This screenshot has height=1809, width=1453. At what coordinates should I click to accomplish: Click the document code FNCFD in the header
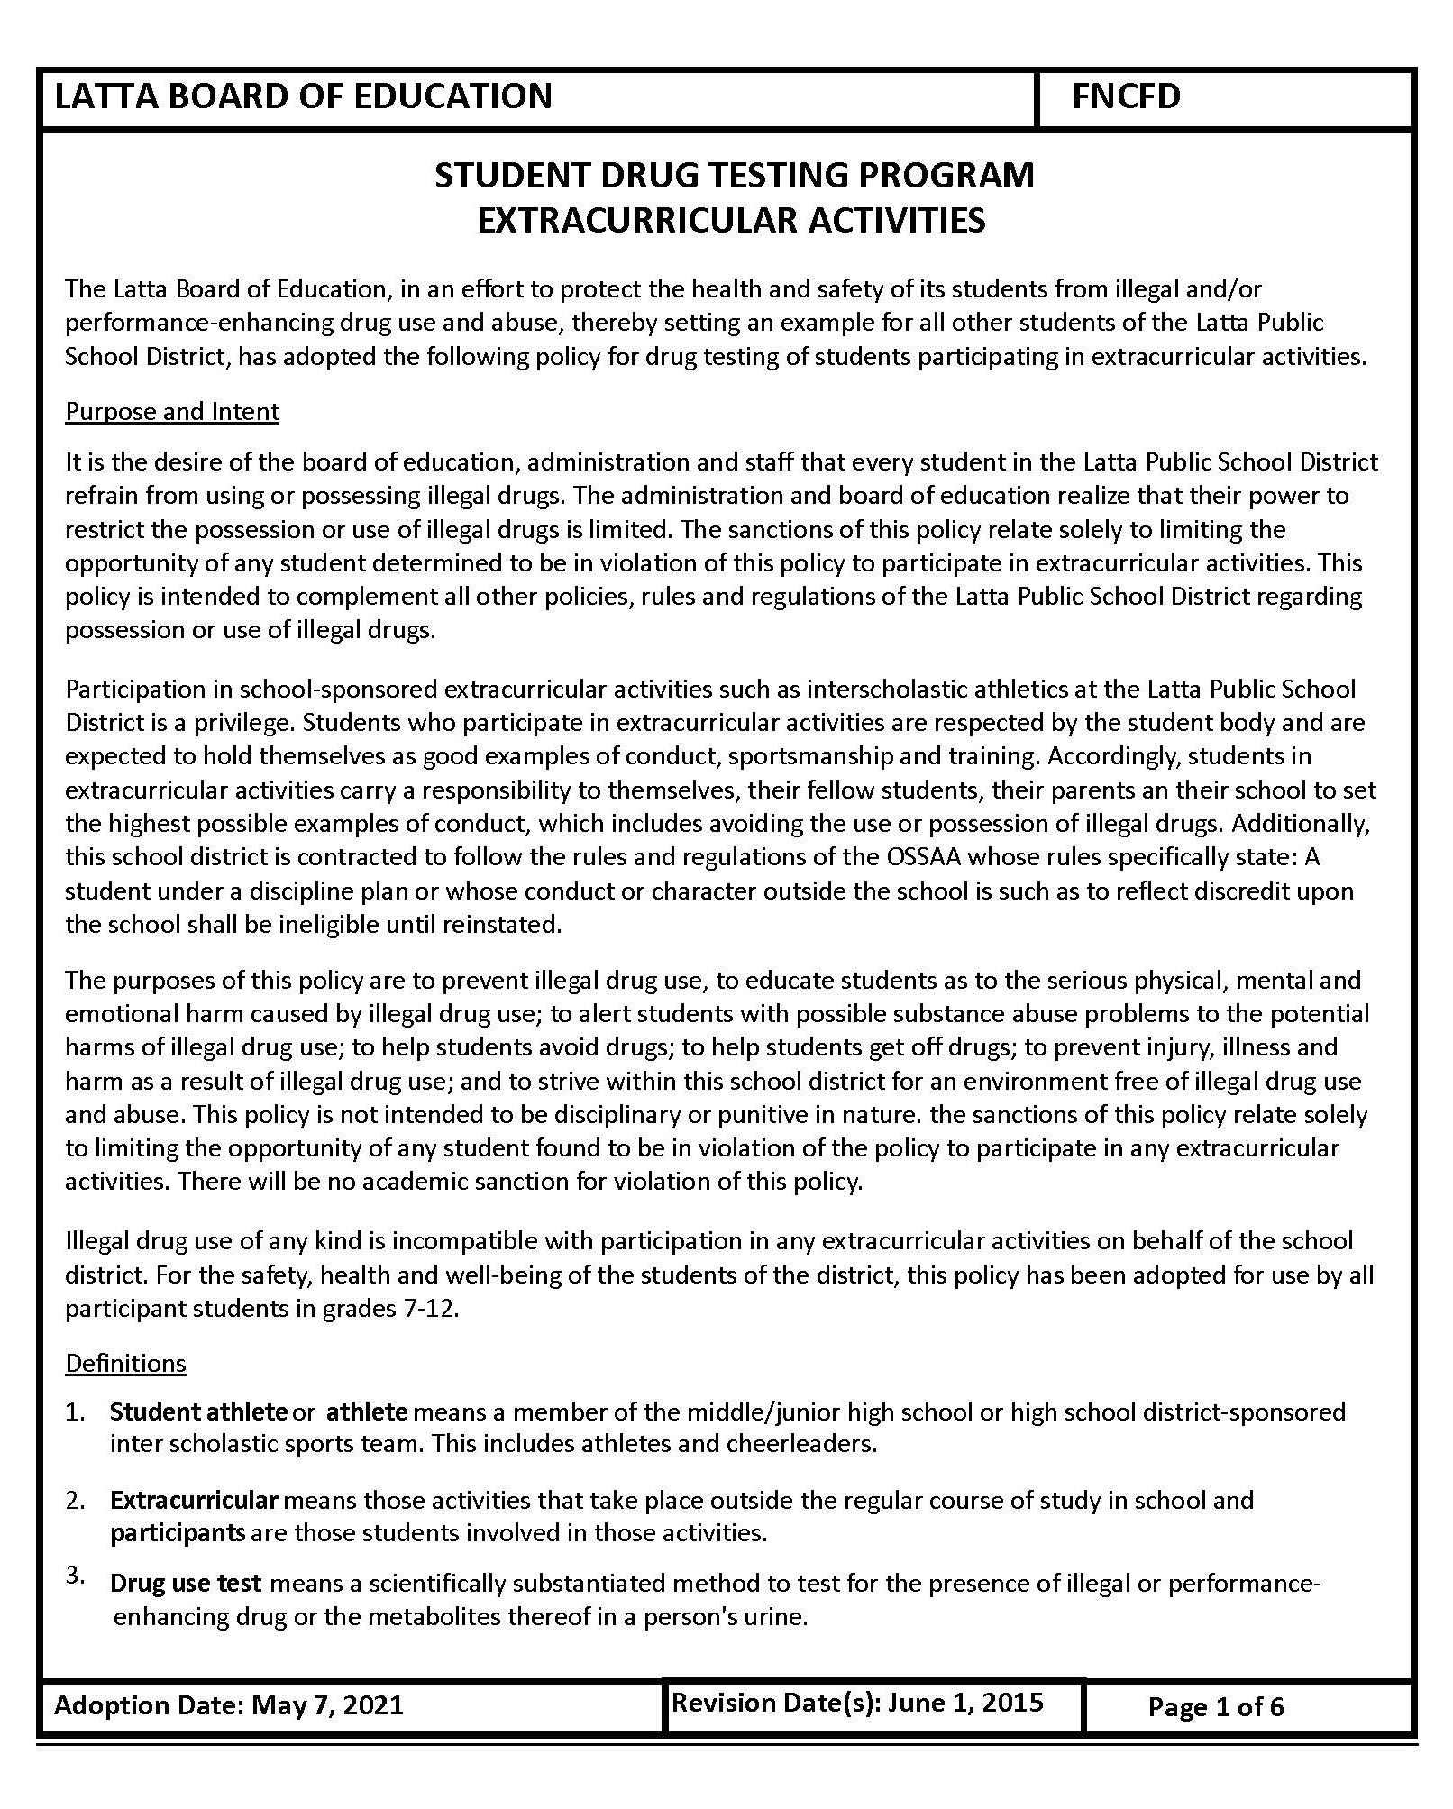[x=1126, y=96]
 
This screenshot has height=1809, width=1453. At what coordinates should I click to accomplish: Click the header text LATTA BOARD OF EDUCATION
[x=303, y=96]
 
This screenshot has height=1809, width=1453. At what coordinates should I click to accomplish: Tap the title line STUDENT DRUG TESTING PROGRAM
[x=734, y=175]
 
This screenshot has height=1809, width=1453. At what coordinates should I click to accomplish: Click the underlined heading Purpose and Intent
[x=172, y=412]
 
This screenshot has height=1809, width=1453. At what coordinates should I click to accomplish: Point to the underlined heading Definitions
[x=125, y=1363]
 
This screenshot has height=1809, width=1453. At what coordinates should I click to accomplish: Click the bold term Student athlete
[x=198, y=1411]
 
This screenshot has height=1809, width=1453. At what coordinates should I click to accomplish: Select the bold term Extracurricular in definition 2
[x=194, y=1500]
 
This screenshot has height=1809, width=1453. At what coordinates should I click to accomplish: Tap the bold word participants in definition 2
[x=178, y=1532]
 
